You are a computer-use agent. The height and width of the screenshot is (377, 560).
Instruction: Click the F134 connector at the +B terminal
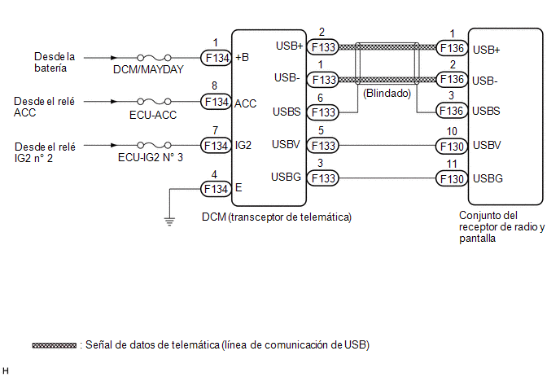pos(216,58)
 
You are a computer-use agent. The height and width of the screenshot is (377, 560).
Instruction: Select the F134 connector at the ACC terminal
pos(216,102)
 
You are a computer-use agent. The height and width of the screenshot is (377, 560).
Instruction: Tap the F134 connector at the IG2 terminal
pos(216,146)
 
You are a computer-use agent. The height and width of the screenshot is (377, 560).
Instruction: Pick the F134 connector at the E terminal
pos(216,189)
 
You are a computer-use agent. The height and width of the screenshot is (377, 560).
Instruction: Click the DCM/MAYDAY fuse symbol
pos(154,57)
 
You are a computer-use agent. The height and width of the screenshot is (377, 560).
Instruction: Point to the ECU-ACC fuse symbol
pos(154,102)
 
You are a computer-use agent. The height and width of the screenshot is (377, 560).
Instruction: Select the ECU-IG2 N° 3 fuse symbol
pos(154,145)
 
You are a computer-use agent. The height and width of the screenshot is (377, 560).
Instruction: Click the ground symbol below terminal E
pos(169,221)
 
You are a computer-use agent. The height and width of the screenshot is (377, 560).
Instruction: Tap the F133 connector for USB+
pos(323,46)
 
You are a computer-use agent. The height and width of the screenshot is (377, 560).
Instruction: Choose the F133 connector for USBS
pos(323,112)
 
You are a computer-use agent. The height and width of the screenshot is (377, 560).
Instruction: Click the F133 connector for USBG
pos(323,178)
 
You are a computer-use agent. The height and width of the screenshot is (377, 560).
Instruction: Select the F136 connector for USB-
pos(452,79)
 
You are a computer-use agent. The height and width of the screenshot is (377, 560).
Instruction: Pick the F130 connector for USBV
pos(452,146)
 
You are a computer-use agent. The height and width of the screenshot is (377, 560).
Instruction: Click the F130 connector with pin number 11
pos(452,178)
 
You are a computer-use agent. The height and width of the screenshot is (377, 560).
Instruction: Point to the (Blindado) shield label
pos(387,94)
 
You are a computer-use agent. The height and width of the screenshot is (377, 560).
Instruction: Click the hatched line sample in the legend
pos(55,345)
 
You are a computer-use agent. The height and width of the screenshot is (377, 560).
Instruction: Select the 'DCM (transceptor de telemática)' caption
pos(277,217)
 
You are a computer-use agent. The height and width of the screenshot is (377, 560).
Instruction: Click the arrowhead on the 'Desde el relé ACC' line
pos(114,102)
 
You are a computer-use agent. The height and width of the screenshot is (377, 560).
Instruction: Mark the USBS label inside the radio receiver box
pos(486,111)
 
